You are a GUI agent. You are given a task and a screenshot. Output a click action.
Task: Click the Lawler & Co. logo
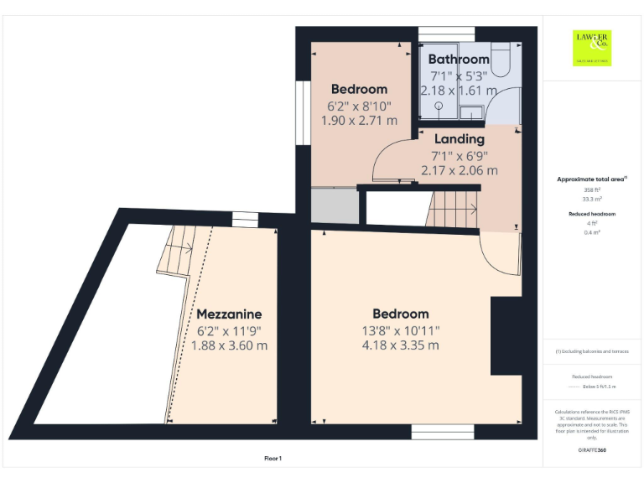pyautogui.click(x=592, y=47)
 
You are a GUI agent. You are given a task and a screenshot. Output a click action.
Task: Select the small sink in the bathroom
pyautogui.click(x=472, y=112)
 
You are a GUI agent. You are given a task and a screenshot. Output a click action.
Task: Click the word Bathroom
pyautogui.click(x=459, y=60)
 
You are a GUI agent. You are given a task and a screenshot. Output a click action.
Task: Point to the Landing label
pyautogui.click(x=459, y=139)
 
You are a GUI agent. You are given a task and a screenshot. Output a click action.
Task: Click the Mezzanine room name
pyautogui.click(x=229, y=314)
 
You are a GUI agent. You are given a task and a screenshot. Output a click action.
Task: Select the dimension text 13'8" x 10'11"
pyautogui.click(x=400, y=330)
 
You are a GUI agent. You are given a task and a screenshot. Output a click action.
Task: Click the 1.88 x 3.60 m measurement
pyautogui.click(x=229, y=345)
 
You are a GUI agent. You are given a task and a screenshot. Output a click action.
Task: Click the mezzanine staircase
pyautogui.click(x=177, y=250)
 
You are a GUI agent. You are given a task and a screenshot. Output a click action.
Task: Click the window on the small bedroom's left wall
pyautogui.click(x=301, y=112)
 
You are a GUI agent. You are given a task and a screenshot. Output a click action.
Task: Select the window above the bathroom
pyautogui.click(x=446, y=34)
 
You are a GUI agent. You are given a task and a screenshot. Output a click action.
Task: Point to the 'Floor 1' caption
pyautogui.click(x=273, y=459)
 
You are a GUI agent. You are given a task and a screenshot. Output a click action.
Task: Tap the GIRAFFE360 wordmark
pyautogui.click(x=592, y=450)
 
